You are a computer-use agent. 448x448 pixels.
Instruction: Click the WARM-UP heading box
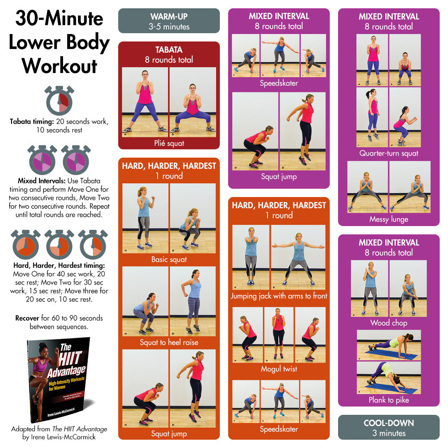[169, 21]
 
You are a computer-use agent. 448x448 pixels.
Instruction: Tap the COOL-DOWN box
[389, 427]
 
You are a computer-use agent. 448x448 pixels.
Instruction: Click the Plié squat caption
[169, 144]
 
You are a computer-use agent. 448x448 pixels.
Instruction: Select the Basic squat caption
[169, 260]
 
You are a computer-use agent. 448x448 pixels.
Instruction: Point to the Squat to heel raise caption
[169, 343]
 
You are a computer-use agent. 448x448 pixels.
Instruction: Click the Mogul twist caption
[279, 369]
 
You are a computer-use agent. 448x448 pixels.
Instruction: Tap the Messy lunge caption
[389, 219]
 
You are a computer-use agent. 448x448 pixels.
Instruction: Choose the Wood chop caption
[389, 323]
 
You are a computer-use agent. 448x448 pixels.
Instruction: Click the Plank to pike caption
[389, 400]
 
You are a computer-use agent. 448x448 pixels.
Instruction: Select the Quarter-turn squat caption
[389, 153]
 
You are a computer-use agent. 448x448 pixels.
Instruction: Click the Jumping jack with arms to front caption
[279, 296]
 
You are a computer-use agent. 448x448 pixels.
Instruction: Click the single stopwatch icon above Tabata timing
[59, 101]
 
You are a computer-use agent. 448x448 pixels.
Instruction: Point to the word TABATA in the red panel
[169, 50]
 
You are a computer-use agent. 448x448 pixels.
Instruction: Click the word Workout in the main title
[59, 65]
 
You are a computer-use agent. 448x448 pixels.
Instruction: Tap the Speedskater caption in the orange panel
[279, 429]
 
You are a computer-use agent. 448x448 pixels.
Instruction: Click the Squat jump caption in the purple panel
[279, 177]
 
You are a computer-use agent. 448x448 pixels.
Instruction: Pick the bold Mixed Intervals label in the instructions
[41, 181]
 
